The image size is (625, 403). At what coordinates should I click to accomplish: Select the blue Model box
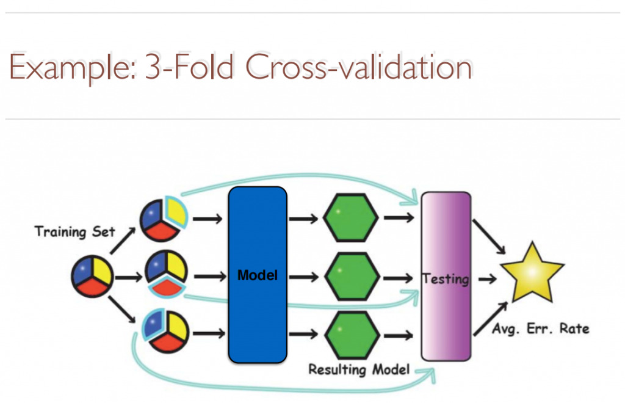tap(257, 275)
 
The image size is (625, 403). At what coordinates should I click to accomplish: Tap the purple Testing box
tap(446, 276)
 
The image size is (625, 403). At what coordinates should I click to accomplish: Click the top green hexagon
tap(351, 217)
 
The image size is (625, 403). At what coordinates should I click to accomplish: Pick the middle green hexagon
tap(351, 277)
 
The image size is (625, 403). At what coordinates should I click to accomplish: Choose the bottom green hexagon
tap(351, 335)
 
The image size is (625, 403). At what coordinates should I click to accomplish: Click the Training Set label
tap(75, 231)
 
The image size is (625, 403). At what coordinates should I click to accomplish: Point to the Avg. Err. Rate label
tap(541, 329)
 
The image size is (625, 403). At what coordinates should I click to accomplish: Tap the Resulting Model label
tap(359, 369)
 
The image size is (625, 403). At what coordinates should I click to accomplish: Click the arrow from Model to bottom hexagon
tap(303, 335)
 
